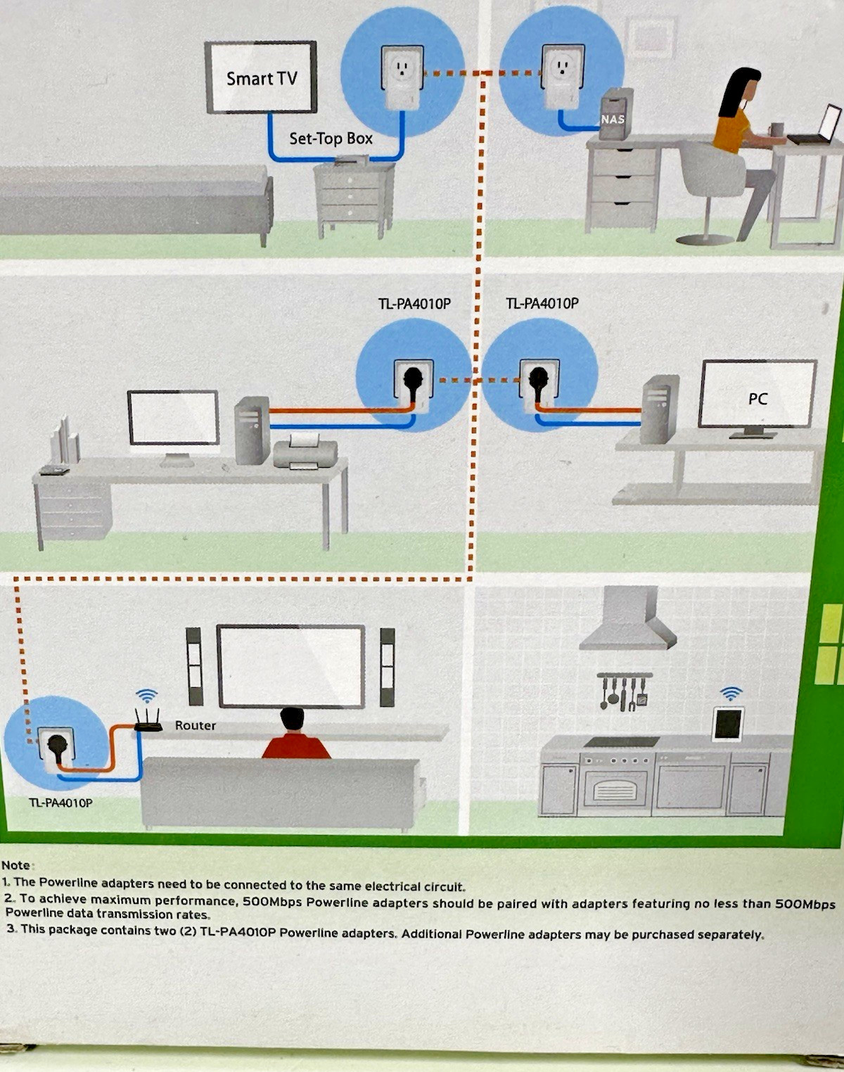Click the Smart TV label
pyautogui.click(x=262, y=79)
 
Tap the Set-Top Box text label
pyautogui.click(x=331, y=139)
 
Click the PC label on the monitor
pyautogui.click(x=757, y=399)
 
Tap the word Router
pyautogui.click(x=195, y=725)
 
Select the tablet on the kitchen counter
pyautogui.click(x=729, y=723)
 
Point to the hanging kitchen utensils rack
pyautogui.click(x=624, y=691)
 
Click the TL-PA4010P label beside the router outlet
pyautogui.click(x=60, y=803)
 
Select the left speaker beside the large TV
pyautogui.click(x=194, y=666)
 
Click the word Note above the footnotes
pyautogui.click(x=16, y=865)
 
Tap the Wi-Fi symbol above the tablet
pyautogui.click(x=731, y=694)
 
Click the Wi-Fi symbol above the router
pyautogui.click(x=146, y=696)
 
